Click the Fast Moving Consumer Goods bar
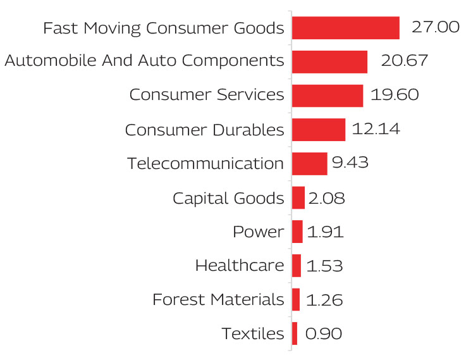[x=345, y=28]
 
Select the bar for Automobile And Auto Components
[x=329, y=61]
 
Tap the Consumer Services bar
[x=327, y=96]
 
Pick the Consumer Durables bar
[x=318, y=130]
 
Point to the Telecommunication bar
[x=309, y=163]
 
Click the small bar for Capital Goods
[x=298, y=197]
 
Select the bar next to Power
[x=297, y=232]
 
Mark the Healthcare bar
[x=297, y=266]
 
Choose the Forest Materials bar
[x=296, y=299]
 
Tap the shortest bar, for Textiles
[x=295, y=333]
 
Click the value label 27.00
[x=435, y=27]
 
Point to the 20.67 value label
[x=405, y=61]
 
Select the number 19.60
[x=395, y=95]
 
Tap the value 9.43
[x=350, y=163]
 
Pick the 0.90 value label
[x=323, y=333]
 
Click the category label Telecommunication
[x=205, y=163]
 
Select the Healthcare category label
[x=240, y=266]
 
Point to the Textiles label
[x=253, y=333]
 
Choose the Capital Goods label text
[x=228, y=198]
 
